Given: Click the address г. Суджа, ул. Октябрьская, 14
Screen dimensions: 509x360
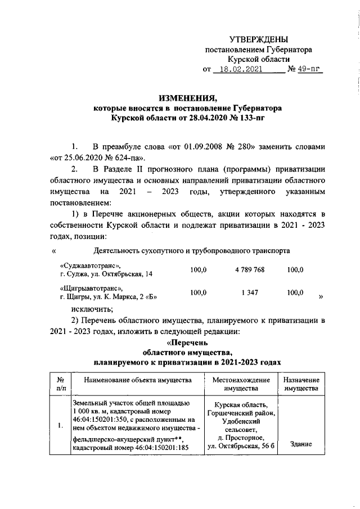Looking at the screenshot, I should point(106,274).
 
